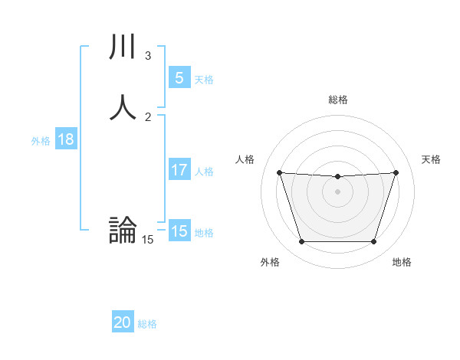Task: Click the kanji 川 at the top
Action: click(123, 47)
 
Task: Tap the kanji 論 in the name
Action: click(123, 230)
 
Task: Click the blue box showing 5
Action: click(179, 78)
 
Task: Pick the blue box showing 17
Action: click(179, 171)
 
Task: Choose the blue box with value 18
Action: click(65, 139)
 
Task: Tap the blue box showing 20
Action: click(123, 323)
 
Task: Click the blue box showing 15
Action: click(179, 231)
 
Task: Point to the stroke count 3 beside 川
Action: click(148, 56)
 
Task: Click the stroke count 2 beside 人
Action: click(148, 117)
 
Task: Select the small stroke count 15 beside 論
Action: click(147, 240)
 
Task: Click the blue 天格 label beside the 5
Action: click(204, 80)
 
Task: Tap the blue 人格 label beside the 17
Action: click(205, 172)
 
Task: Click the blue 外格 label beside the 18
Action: click(41, 141)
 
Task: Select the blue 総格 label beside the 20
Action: click(147, 324)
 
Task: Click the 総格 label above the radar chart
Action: click(338, 100)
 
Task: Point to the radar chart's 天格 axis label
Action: click(432, 159)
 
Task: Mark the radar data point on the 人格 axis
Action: click(279, 172)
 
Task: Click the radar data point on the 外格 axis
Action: click(301, 242)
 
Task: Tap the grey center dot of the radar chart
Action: click(338, 191)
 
